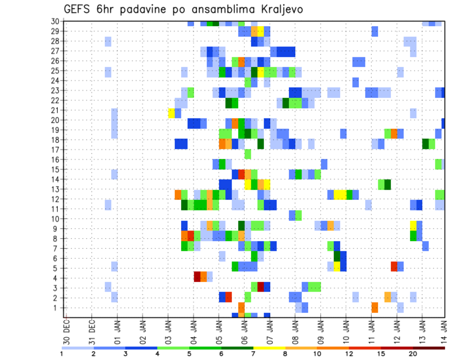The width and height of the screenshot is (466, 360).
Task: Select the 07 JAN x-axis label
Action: pyautogui.click(x=270, y=331)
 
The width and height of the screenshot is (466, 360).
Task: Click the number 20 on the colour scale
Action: pyautogui.click(x=413, y=354)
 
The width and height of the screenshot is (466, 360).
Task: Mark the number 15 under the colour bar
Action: pyautogui.click(x=381, y=354)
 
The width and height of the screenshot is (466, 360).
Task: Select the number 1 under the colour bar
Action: pyautogui.click(x=62, y=354)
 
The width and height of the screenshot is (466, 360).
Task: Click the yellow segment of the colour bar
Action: pyautogui.click(x=269, y=348)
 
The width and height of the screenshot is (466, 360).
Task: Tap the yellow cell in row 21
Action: pyautogui.click(x=171, y=113)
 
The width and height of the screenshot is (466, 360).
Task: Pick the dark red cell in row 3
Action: pyautogui.click(x=261, y=286)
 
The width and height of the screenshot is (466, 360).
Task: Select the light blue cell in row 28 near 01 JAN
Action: pyautogui.click(x=108, y=41)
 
